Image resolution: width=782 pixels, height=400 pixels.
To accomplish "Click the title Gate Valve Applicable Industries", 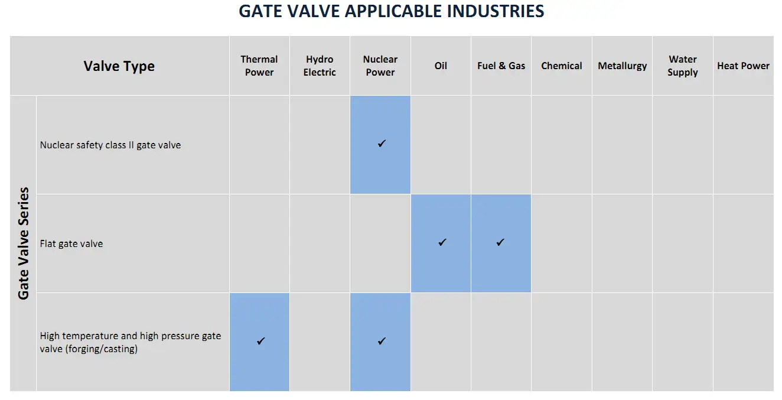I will click(x=391, y=11).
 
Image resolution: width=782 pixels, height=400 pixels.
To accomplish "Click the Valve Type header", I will click(x=119, y=66).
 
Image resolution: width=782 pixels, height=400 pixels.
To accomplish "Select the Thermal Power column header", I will click(x=259, y=66).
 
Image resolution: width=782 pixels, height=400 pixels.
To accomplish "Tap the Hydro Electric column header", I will click(x=320, y=66).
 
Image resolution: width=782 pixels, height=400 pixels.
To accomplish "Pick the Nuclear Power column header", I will click(x=380, y=66).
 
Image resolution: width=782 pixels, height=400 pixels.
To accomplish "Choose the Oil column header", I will click(x=441, y=66).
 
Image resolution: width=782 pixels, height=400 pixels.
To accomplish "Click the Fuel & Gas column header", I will click(x=501, y=66).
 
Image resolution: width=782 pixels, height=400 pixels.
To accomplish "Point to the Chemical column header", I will click(x=562, y=66).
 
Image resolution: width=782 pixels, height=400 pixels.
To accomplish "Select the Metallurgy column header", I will click(x=622, y=66).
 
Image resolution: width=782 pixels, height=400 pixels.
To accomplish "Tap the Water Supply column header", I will click(x=683, y=66).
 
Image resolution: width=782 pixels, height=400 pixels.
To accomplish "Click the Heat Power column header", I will click(x=743, y=66).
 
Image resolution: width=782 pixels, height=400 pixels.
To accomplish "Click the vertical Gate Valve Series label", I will click(x=24, y=243).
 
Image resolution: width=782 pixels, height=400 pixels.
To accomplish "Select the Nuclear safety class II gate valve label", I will click(x=110, y=145).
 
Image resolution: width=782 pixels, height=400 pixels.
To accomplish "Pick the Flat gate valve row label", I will click(x=71, y=243).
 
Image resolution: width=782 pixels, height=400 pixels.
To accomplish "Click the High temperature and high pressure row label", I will click(x=131, y=342).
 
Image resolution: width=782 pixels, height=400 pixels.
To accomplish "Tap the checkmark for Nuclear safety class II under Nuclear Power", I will click(x=382, y=144).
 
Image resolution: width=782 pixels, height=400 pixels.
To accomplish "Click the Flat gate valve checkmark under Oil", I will click(x=442, y=242).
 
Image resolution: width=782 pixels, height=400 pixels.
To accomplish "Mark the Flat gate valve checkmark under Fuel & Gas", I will click(x=500, y=242).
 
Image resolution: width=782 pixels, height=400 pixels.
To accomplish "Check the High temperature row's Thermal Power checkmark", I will click(x=261, y=341).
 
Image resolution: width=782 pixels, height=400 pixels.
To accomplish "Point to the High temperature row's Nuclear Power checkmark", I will click(x=382, y=341).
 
